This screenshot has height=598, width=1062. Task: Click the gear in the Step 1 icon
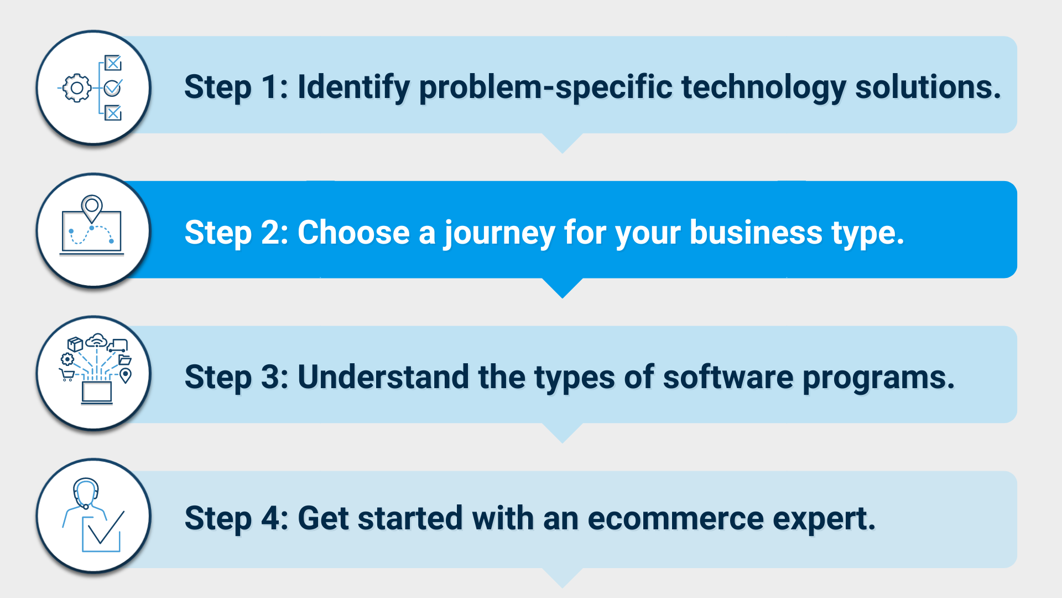tap(77, 88)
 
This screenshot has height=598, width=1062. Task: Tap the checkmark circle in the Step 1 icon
tap(113, 87)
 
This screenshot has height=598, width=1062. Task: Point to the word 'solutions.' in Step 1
tap(928, 87)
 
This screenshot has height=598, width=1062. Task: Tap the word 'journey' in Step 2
tap(499, 233)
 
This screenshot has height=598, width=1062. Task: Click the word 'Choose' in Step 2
tap(353, 232)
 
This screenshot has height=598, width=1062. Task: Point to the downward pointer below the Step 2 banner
tap(563, 287)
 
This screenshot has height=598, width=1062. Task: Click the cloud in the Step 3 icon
tap(97, 339)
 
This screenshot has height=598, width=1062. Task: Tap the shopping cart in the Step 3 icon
tap(67, 375)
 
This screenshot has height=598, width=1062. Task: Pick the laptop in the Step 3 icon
tap(97, 393)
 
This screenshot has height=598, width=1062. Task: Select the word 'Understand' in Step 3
tap(383, 377)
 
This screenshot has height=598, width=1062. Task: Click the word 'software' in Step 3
tap(728, 377)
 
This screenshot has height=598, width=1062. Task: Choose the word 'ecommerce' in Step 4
tap(675, 519)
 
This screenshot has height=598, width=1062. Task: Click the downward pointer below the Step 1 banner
tap(563, 142)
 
